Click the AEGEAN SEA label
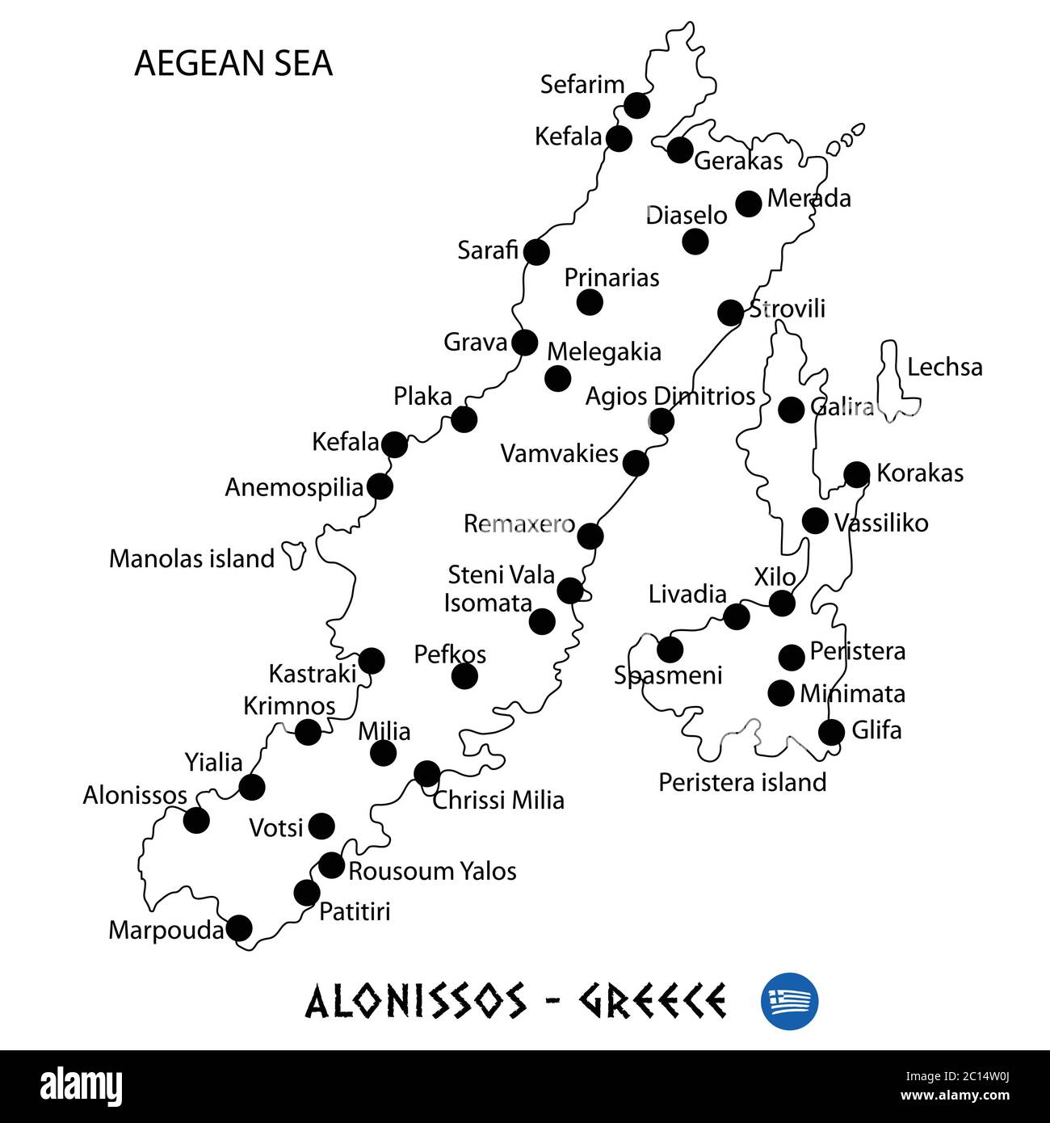point(233,64)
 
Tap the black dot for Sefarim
point(637,105)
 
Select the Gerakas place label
point(738,161)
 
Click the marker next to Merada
point(749,204)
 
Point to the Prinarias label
point(611,278)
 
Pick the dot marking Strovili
point(730,312)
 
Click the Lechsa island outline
point(891,380)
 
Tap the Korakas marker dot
point(856,474)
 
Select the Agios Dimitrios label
point(670,397)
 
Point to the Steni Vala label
point(502,575)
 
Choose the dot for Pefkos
point(464,676)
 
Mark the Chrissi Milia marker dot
point(426,774)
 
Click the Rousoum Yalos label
point(432,871)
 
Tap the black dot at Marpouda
point(239,928)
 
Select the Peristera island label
point(742,782)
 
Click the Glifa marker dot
point(832,731)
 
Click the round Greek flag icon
point(789,1000)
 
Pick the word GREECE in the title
point(652,1001)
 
